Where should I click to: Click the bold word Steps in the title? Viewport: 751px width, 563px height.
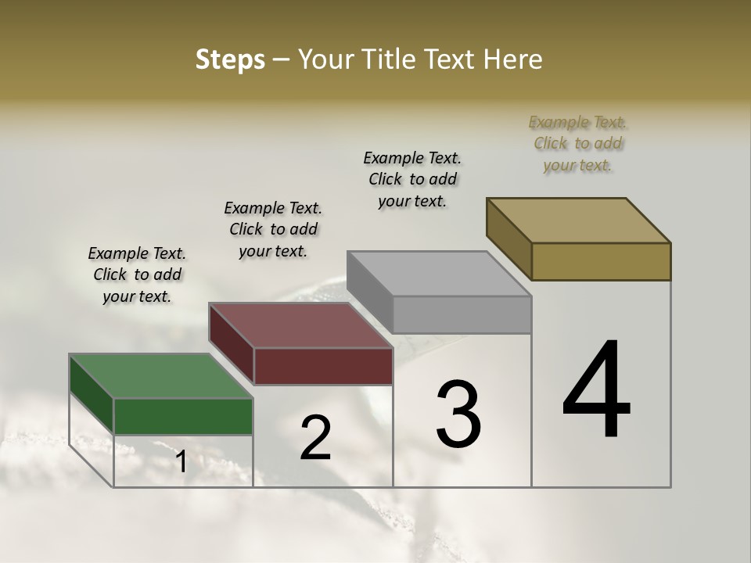pyautogui.click(x=229, y=59)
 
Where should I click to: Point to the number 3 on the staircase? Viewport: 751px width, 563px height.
pyautogui.click(x=458, y=414)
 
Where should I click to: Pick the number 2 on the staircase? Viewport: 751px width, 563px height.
pyautogui.click(x=315, y=438)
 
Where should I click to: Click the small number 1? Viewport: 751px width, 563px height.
pyautogui.click(x=181, y=462)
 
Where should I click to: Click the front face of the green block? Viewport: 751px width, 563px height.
pyautogui.click(x=183, y=416)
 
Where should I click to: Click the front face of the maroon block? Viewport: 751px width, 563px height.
pyautogui.click(x=323, y=366)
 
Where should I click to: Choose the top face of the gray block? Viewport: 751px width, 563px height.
pyautogui.click(x=439, y=274)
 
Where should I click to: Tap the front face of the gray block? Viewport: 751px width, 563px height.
pyautogui.click(x=462, y=314)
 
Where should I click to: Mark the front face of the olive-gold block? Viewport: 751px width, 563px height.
pyautogui.click(x=601, y=261)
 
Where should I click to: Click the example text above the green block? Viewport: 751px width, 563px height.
pyautogui.click(x=137, y=274)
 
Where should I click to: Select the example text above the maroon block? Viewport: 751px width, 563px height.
pyautogui.click(x=273, y=229)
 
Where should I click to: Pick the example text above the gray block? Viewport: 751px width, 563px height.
pyautogui.click(x=412, y=179)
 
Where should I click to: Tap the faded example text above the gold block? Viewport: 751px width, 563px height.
pyautogui.click(x=578, y=143)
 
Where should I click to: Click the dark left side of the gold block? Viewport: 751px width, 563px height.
pyautogui.click(x=508, y=238)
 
